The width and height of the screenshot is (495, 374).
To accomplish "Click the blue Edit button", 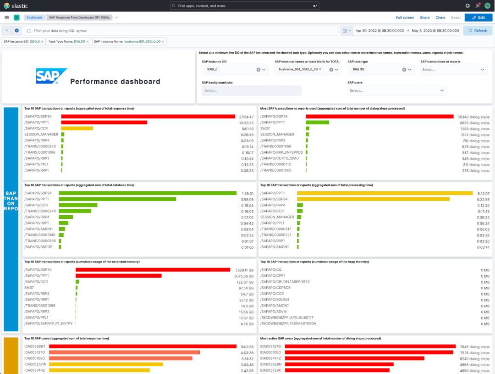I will click(478, 17).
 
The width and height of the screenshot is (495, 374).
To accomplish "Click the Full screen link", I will click(405, 17).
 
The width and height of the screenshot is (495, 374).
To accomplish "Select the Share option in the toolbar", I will click(425, 17).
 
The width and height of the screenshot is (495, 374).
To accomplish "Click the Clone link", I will click(440, 17).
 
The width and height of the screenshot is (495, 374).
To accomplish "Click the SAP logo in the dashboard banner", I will click(51, 76).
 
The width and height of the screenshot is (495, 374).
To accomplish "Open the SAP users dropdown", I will click(397, 91).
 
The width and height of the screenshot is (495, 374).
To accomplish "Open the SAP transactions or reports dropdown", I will click(453, 70).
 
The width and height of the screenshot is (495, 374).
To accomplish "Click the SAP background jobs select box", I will click(251, 91).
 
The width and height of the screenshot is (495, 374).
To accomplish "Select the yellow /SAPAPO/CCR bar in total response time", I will click(77, 128).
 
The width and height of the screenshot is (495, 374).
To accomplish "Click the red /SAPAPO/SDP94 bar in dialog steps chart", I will click(379, 117).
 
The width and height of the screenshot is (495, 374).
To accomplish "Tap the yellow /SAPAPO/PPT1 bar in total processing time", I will click(385, 193).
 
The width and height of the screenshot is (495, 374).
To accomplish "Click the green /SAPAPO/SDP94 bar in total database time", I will click(148, 193).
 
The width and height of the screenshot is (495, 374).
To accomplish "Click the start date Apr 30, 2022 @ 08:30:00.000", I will click(379, 31).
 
